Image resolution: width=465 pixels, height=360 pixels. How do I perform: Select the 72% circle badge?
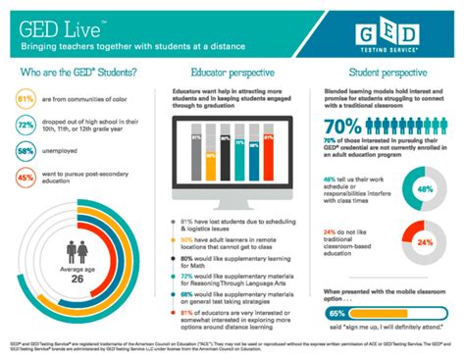click(x=27, y=127)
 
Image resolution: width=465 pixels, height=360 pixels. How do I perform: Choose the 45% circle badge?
click(x=27, y=179)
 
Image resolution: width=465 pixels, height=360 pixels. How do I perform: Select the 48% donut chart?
click(x=424, y=188)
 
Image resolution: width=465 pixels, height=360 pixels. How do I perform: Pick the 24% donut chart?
click(x=424, y=240)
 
